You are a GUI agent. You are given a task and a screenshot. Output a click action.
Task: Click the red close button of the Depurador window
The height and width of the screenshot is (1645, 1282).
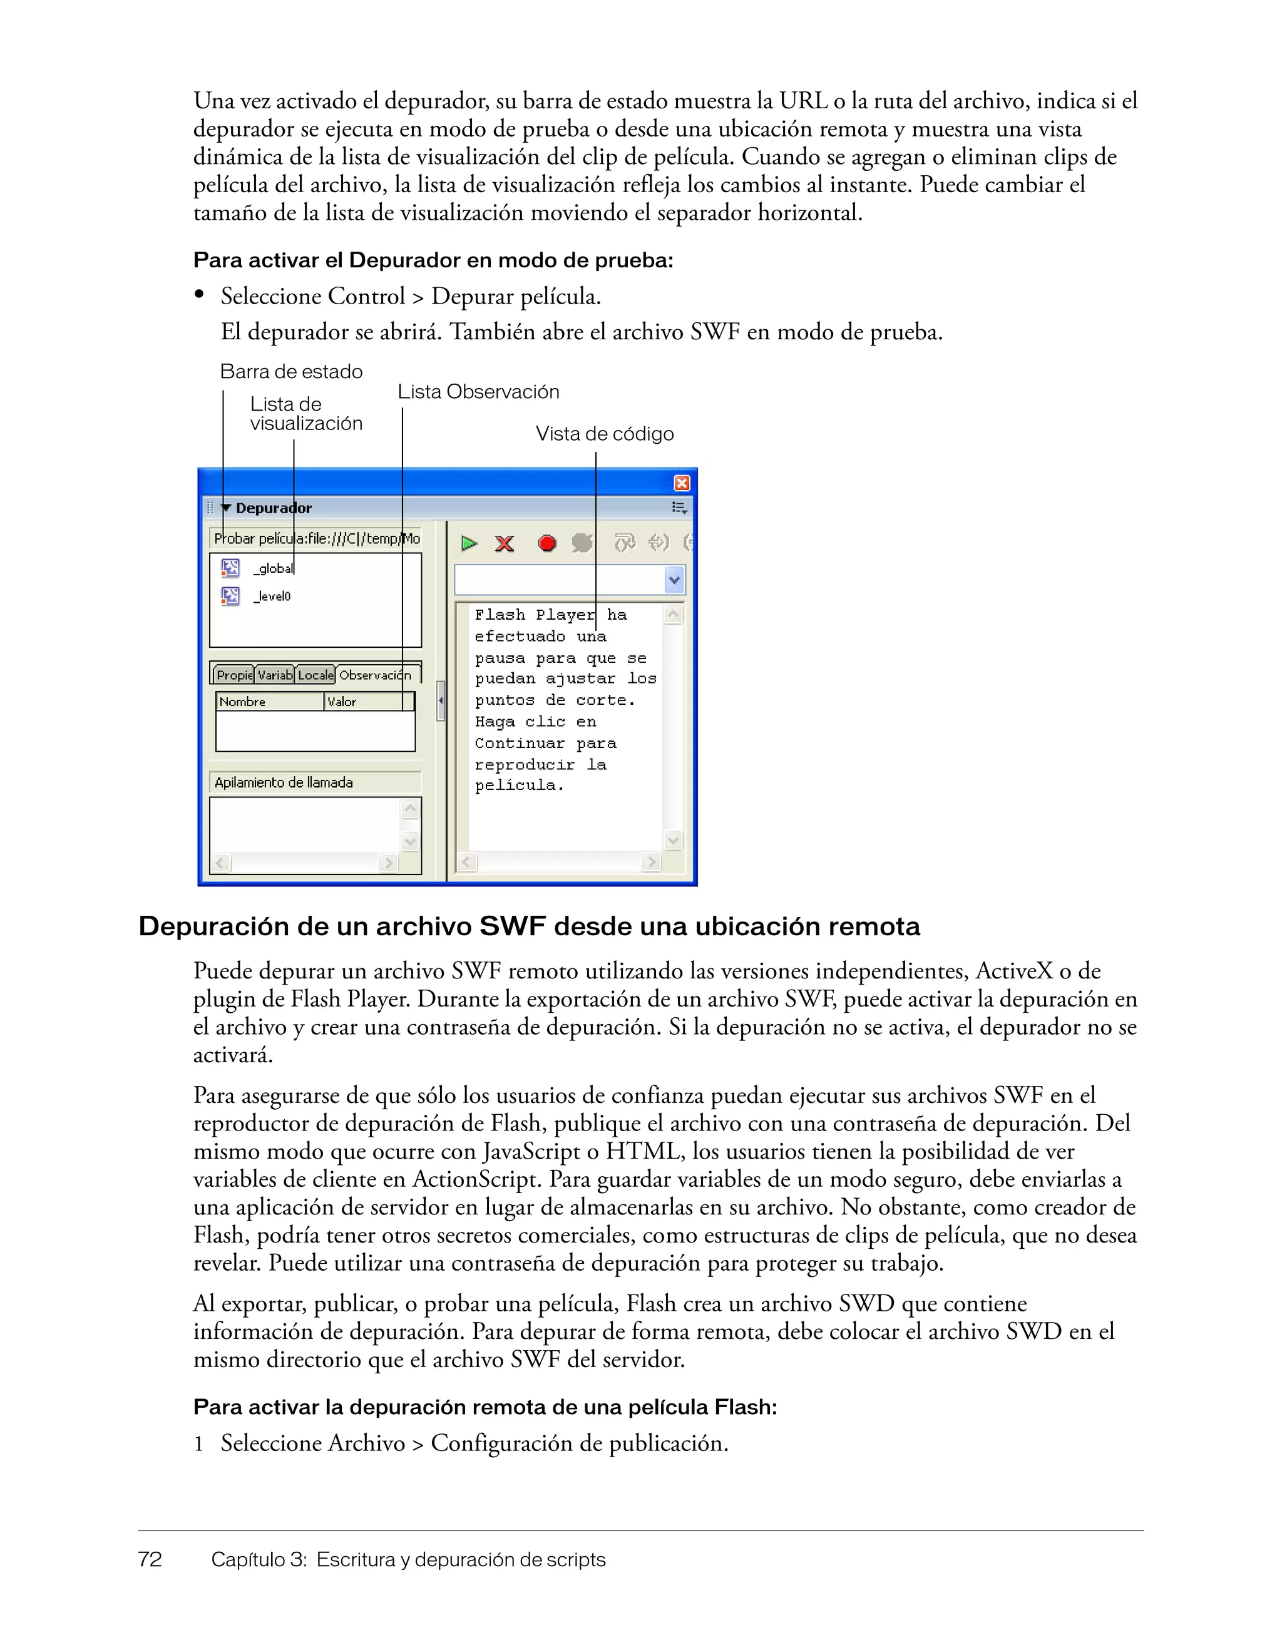coord(681,483)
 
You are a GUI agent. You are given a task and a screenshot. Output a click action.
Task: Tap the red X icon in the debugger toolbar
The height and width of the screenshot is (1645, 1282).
coord(504,543)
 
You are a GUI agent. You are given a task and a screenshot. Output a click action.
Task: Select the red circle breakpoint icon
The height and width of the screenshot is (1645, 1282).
coord(547,543)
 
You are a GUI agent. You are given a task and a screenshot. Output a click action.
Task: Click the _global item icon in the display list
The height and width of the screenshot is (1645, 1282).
coord(230,568)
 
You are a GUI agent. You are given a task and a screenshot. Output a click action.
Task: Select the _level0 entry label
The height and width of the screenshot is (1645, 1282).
coord(272,597)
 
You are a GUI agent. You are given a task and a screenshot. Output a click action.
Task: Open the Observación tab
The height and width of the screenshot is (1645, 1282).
coord(375,675)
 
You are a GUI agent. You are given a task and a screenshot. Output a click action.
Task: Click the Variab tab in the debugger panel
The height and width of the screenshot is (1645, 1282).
coord(274,675)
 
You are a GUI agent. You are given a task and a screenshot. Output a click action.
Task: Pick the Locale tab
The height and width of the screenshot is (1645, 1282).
coord(315,675)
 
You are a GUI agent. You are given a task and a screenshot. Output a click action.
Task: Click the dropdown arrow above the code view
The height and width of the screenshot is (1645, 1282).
coord(674,580)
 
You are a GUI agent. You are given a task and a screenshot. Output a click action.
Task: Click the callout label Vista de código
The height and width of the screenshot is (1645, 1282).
coord(604,434)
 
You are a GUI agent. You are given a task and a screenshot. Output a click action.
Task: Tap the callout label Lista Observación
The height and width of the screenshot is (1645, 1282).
coord(478,392)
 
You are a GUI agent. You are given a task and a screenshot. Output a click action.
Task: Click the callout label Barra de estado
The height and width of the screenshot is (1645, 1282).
coord(290,371)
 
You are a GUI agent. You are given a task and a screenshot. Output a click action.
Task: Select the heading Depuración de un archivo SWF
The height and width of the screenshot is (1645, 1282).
coord(529,926)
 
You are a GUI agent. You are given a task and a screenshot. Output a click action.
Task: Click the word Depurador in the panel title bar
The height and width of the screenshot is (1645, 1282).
coord(274,508)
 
